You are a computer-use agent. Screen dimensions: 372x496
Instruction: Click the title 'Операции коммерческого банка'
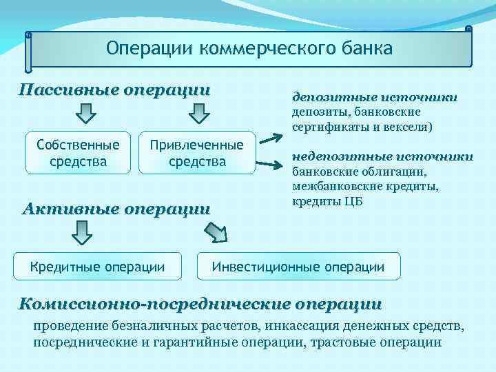point(249,49)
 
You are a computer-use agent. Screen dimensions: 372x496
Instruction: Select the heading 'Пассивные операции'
point(114,90)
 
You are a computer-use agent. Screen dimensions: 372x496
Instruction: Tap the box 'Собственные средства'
point(78,153)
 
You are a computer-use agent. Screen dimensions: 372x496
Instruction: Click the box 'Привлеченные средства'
point(197,153)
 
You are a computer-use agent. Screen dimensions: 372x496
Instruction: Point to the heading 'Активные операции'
point(116,209)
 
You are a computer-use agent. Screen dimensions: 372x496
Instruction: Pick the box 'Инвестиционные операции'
point(298,267)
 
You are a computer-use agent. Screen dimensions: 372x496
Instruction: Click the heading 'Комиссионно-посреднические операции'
point(200,303)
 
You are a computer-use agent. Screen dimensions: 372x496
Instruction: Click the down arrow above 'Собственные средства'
point(85,113)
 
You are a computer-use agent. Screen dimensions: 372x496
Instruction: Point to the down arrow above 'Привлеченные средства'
point(199,113)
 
